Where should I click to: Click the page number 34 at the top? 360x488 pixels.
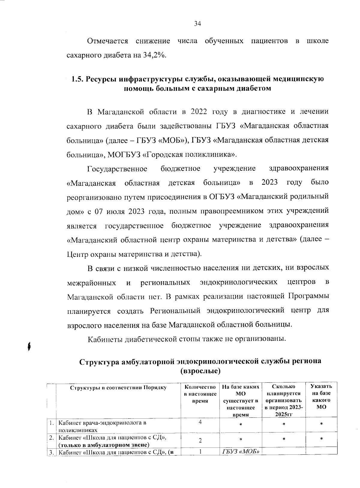pyautogui.click(x=197, y=25)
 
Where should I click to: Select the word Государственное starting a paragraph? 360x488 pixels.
pyautogui.click(x=117, y=169)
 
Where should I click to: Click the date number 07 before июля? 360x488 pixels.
pyautogui.click(x=99, y=211)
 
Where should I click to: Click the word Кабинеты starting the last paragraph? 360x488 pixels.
pyautogui.click(x=105, y=339)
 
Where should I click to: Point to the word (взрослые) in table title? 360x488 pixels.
pyautogui.click(x=200, y=371)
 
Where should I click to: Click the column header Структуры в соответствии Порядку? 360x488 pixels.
pyautogui.click(x=118, y=387)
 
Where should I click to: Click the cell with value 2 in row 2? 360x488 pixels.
pyautogui.click(x=200, y=441)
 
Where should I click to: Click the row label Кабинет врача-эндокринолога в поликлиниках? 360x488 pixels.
pyautogui.click(x=102, y=426)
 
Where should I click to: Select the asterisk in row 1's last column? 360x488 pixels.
pyautogui.click(x=321, y=424)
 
